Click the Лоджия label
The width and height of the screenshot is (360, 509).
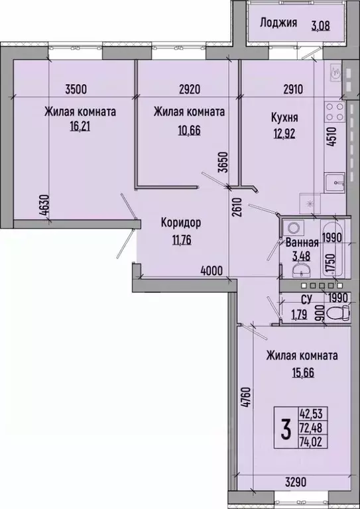coord(278,23)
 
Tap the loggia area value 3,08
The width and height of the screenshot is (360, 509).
coord(321,25)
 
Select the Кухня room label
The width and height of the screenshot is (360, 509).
coord(284,118)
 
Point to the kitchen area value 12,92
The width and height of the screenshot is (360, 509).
coord(284,133)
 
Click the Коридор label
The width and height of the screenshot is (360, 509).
coord(181,223)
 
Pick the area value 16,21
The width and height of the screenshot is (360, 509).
coord(80,126)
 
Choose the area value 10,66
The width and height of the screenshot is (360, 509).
coord(189,130)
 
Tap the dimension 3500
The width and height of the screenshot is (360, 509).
coord(76,89)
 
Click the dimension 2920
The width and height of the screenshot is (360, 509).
coord(190,89)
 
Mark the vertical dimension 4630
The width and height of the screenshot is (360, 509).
coord(45,206)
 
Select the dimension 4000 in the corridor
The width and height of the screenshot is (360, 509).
coord(211,270)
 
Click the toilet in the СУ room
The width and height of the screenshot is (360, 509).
coord(338,313)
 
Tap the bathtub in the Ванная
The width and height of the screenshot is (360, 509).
coord(333,249)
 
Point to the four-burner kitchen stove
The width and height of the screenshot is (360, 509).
coord(335,111)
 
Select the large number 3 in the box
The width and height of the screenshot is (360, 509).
coord(286,428)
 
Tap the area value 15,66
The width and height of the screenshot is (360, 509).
coord(302,373)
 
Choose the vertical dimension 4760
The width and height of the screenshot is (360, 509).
coord(247,397)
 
